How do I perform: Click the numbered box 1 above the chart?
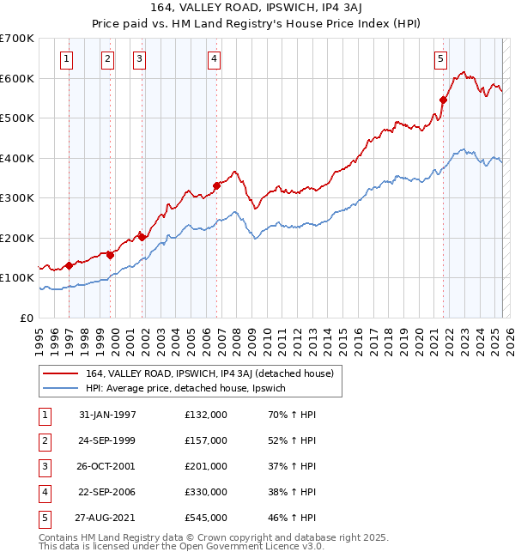click(x=67, y=59)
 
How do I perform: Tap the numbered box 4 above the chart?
click(x=214, y=59)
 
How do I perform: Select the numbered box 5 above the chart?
click(x=440, y=59)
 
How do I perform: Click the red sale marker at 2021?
click(x=444, y=100)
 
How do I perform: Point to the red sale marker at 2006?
click(x=217, y=185)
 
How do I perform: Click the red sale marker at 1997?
click(x=69, y=265)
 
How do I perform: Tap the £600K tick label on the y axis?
click(x=17, y=78)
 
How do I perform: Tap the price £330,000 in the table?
click(x=206, y=492)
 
